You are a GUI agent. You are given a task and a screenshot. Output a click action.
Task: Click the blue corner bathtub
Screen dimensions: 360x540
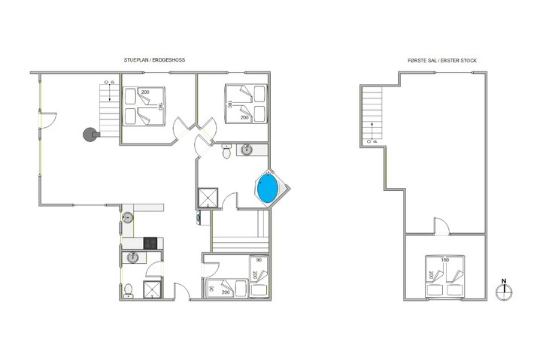click(x=268, y=188)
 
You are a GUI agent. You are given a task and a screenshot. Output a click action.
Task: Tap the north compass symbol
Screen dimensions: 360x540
click(x=505, y=288)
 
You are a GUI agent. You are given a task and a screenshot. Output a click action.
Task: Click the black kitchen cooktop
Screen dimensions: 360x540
click(x=151, y=243)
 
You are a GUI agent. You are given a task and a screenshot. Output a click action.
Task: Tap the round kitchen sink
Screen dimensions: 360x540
click(x=128, y=219)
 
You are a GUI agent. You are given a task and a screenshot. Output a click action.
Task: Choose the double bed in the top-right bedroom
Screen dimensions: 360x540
click(x=247, y=104)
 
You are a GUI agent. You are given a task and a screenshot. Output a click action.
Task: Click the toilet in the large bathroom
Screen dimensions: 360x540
click(x=226, y=153)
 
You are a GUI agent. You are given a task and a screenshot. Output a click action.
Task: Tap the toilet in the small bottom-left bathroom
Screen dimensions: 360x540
click(x=129, y=289)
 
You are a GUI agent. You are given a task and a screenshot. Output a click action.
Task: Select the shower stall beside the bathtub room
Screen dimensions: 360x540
click(x=205, y=198)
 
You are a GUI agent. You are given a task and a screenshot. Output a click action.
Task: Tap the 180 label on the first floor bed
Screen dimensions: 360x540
click(x=445, y=261)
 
